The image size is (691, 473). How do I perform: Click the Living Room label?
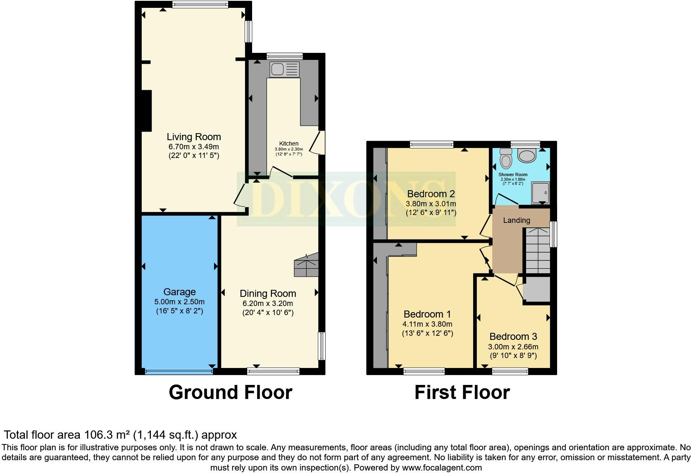click(193, 136)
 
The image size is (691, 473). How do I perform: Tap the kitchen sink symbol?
click(284, 69)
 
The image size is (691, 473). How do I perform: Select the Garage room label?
click(179, 292)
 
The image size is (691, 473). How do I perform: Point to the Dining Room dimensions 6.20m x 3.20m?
click(268, 303)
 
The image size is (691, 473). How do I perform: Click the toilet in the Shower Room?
click(505, 158)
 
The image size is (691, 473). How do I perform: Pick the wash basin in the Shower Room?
click(527, 156)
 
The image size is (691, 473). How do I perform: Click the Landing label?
click(516, 220)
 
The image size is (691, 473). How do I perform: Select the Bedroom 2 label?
click(431, 194)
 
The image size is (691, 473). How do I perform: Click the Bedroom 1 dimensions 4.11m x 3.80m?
click(427, 324)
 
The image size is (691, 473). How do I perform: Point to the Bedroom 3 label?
click(513, 337)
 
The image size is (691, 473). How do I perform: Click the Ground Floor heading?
click(230, 392)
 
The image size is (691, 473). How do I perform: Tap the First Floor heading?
click(462, 392)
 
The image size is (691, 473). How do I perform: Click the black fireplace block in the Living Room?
click(146, 110)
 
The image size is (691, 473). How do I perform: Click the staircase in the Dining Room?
click(307, 265)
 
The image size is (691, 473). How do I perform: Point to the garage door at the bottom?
click(179, 372)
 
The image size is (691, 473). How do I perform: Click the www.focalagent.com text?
click(442, 468)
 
